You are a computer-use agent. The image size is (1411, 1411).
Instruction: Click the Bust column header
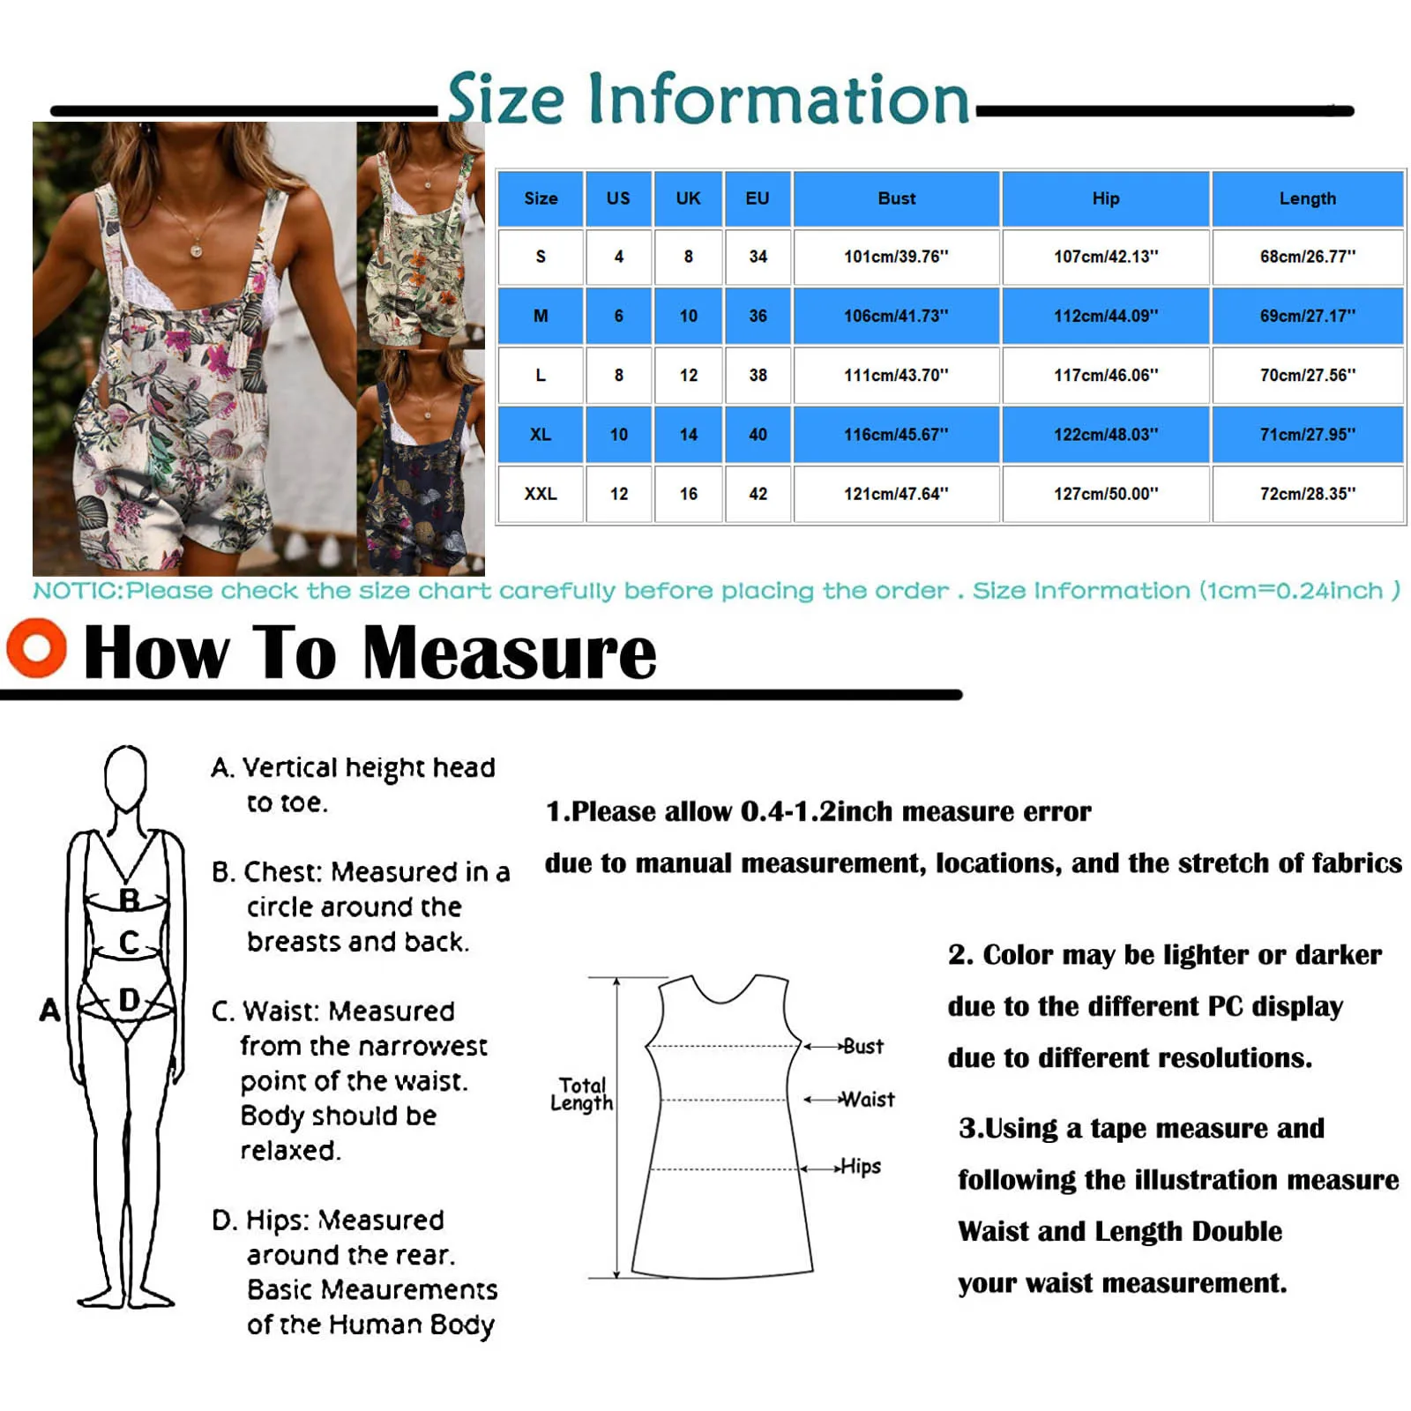point(896,198)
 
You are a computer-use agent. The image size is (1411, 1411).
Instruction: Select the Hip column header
point(1105,198)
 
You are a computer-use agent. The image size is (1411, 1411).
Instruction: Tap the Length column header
point(1307,198)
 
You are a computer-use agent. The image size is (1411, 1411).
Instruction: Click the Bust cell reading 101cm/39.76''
point(896,257)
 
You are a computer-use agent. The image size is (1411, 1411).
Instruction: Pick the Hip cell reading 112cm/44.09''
point(1105,316)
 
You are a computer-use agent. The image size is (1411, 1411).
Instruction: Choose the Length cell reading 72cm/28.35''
point(1307,494)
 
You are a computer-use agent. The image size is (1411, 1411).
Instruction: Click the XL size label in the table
point(541,435)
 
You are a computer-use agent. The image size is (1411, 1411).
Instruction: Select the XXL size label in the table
point(541,494)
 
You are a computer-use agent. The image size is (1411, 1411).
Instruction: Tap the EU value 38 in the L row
point(758,375)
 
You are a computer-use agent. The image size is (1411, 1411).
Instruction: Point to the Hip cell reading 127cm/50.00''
point(1105,494)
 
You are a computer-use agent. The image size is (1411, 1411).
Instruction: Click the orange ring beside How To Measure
point(36,648)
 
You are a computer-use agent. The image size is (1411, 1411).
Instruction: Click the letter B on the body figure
point(130,899)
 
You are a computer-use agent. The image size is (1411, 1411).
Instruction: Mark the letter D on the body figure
point(129,1000)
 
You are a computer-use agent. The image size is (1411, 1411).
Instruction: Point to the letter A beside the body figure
point(50,1010)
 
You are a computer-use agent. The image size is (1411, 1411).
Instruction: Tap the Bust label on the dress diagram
point(862,1047)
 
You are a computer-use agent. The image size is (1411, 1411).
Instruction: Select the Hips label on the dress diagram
point(860,1167)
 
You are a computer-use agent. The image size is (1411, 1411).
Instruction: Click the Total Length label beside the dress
point(581,1094)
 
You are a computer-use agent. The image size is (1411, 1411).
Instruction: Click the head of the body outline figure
point(125,776)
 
